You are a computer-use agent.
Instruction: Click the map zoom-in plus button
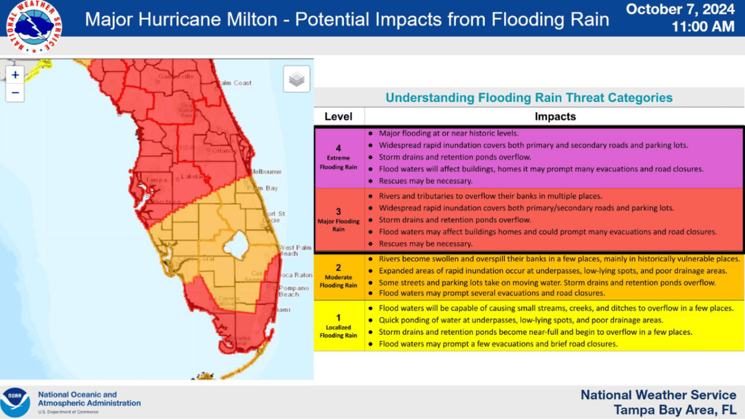(16, 75)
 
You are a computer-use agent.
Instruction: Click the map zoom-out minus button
(16, 93)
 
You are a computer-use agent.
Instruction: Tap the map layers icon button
(297, 79)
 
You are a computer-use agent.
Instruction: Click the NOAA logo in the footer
(15, 402)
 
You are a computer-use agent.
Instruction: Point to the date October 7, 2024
(681, 9)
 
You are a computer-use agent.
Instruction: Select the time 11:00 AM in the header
(703, 27)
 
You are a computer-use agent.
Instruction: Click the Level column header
(338, 117)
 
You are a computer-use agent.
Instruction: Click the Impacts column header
(555, 117)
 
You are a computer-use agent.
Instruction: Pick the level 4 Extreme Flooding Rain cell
(339, 158)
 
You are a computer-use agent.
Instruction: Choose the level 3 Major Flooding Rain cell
(339, 220)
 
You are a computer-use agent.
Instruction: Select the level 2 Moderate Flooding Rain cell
(339, 276)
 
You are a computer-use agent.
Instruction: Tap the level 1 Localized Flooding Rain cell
(339, 326)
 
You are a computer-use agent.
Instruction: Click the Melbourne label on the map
(265, 171)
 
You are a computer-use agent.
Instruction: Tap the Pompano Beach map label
(294, 291)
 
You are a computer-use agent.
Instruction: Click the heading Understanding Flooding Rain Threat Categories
(529, 98)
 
